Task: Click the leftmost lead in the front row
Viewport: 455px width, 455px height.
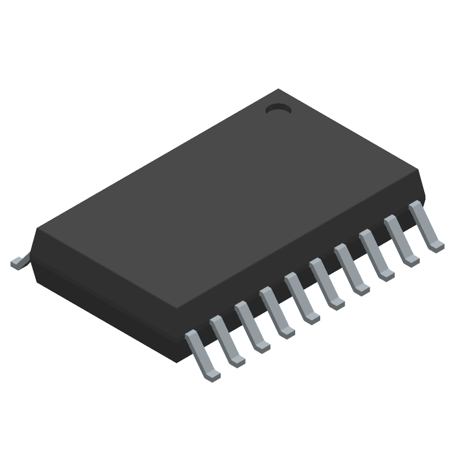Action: click(202, 355)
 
